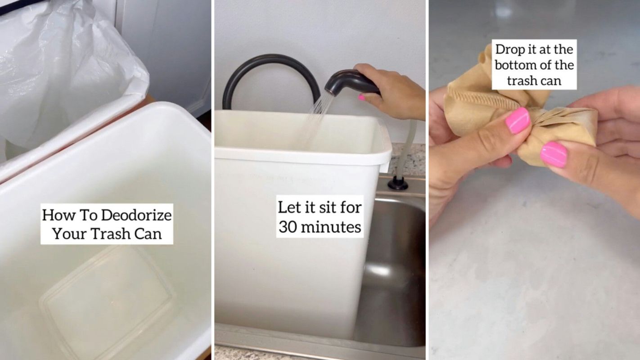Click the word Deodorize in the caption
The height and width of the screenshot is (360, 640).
[136, 215]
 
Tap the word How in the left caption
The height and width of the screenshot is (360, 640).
[57, 215]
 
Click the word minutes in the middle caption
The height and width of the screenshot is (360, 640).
[333, 227]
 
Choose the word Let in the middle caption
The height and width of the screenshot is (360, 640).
[288, 207]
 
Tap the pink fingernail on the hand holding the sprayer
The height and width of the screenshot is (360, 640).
[361, 97]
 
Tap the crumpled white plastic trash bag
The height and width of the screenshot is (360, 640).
[68, 67]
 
